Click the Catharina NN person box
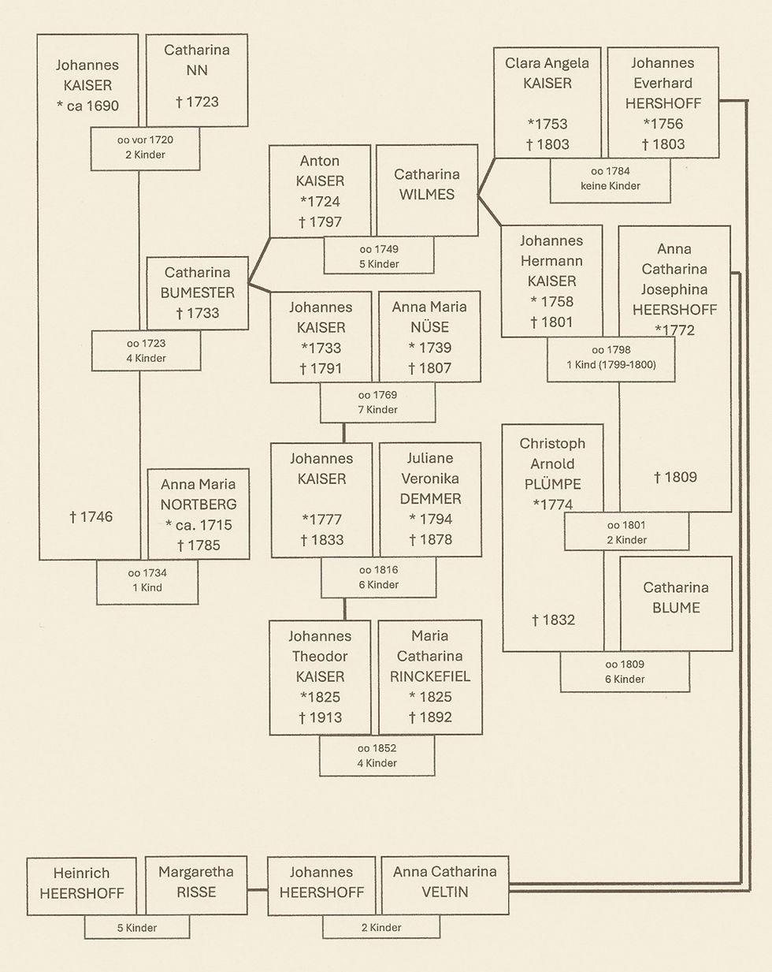point(197,79)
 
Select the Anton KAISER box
point(321,191)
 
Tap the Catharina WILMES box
point(425,189)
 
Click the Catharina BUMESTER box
point(198,292)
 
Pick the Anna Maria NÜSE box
point(429,337)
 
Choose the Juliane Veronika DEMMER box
point(430,498)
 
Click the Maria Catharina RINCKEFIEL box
point(430,676)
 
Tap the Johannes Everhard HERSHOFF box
point(663,102)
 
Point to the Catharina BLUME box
point(676,603)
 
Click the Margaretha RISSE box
point(196,885)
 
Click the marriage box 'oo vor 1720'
point(145,147)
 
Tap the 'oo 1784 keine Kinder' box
point(610,179)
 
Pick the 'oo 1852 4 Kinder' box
point(377,755)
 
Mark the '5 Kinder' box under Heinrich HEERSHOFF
point(137,928)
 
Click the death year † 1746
point(91,517)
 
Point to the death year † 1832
point(553,620)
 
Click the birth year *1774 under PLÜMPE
point(553,505)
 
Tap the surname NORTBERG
point(199,505)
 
